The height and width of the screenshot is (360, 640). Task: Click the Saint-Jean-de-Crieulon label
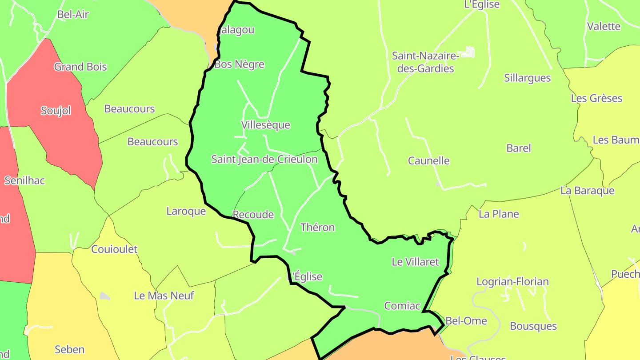[x=264, y=159]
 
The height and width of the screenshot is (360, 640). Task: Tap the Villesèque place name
[x=266, y=125]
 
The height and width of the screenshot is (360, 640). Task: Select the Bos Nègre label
[x=240, y=64]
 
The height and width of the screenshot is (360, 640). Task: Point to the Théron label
[x=317, y=228]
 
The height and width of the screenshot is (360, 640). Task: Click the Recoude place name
[x=253, y=215]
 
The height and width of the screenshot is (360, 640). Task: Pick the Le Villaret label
[x=415, y=262]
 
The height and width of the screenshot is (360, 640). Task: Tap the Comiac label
[x=402, y=306]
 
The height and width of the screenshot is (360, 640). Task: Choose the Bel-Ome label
[x=466, y=321]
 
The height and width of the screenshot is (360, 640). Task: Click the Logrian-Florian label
[x=512, y=282]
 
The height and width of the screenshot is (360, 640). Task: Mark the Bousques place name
[x=533, y=326]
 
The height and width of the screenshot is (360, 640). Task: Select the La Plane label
[x=499, y=214]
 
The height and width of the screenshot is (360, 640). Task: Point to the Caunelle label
[x=429, y=161]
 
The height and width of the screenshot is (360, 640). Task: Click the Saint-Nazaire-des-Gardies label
[x=425, y=62]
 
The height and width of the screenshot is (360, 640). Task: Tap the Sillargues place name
[x=527, y=78]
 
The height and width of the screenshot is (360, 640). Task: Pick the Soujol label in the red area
[x=56, y=111]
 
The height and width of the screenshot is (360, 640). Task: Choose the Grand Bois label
[x=80, y=67]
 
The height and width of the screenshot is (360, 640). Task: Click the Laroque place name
[x=186, y=211]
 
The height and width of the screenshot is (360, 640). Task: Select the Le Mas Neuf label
[x=164, y=296]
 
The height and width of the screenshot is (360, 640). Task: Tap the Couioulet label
[x=114, y=249]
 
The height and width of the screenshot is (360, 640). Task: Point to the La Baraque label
[x=587, y=191]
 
